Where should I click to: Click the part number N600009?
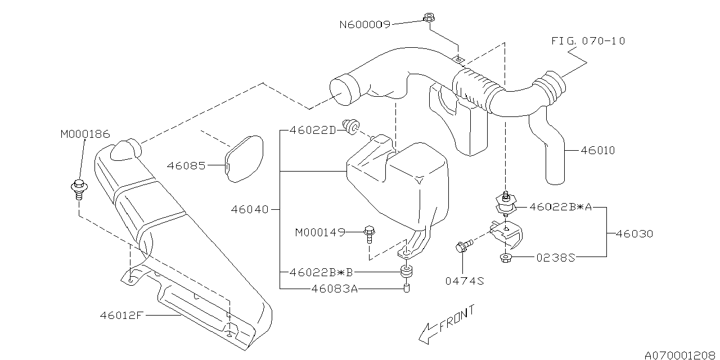pos(364,24)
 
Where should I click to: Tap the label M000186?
pos(85,134)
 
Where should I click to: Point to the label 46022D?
pos(313,130)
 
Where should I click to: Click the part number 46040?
pos(250,209)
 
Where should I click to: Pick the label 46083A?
pos(334,289)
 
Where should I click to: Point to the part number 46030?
pos(634,233)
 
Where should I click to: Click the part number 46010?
pos(598,150)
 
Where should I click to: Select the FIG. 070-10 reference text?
pos(588,41)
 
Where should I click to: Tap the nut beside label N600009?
pos(428,18)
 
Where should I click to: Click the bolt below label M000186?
pos(79,188)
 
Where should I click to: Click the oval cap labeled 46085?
pos(245,159)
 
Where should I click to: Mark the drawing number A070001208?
pos(681,355)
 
